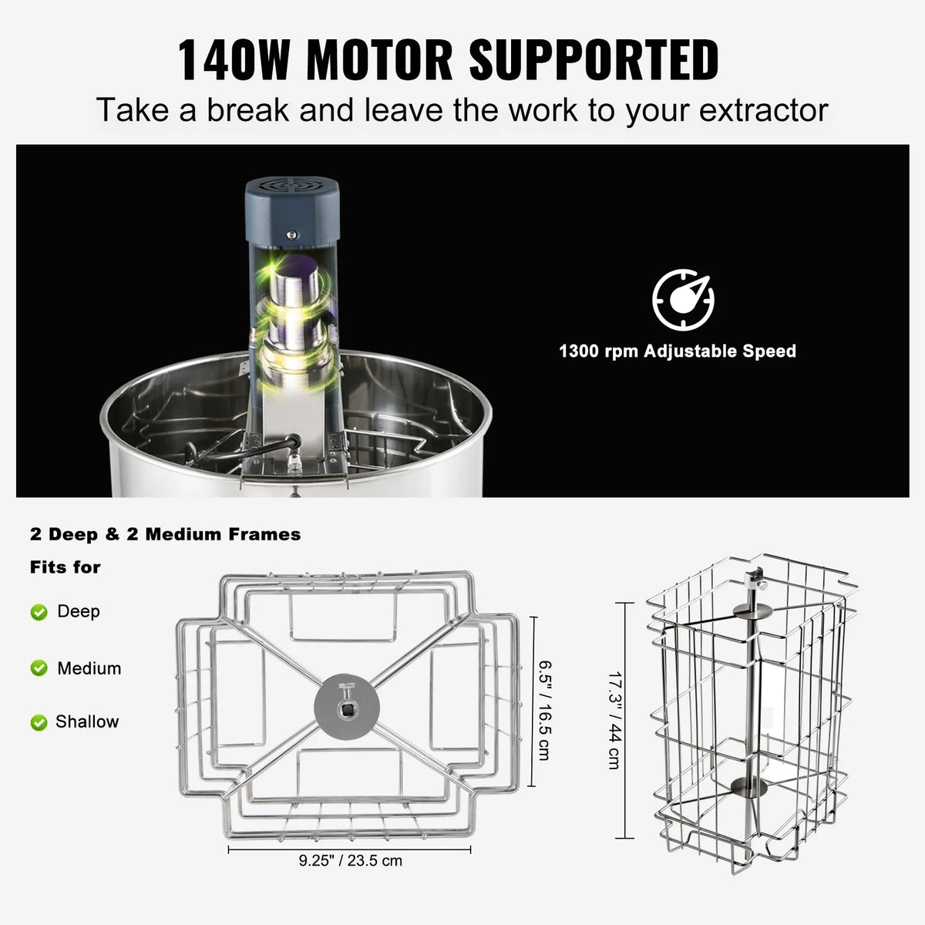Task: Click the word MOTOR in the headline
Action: [x=379, y=59]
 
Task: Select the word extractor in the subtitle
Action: [x=763, y=110]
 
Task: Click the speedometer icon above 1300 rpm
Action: [x=683, y=300]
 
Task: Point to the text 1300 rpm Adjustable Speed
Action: [x=677, y=351]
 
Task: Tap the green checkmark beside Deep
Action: [x=39, y=612]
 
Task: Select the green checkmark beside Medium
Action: [x=39, y=668]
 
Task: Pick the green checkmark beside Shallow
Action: [x=39, y=722]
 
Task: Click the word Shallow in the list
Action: [x=87, y=722]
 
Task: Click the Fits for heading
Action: [x=66, y=567]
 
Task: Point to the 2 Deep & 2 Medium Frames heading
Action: [x=166, y=534]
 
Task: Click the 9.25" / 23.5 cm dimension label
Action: [x=351, y=860]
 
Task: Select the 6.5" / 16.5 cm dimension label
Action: [x=544, y=709]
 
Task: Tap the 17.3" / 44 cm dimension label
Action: [x=614, y=721]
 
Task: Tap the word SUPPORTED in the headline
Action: [x=594, y=59]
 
